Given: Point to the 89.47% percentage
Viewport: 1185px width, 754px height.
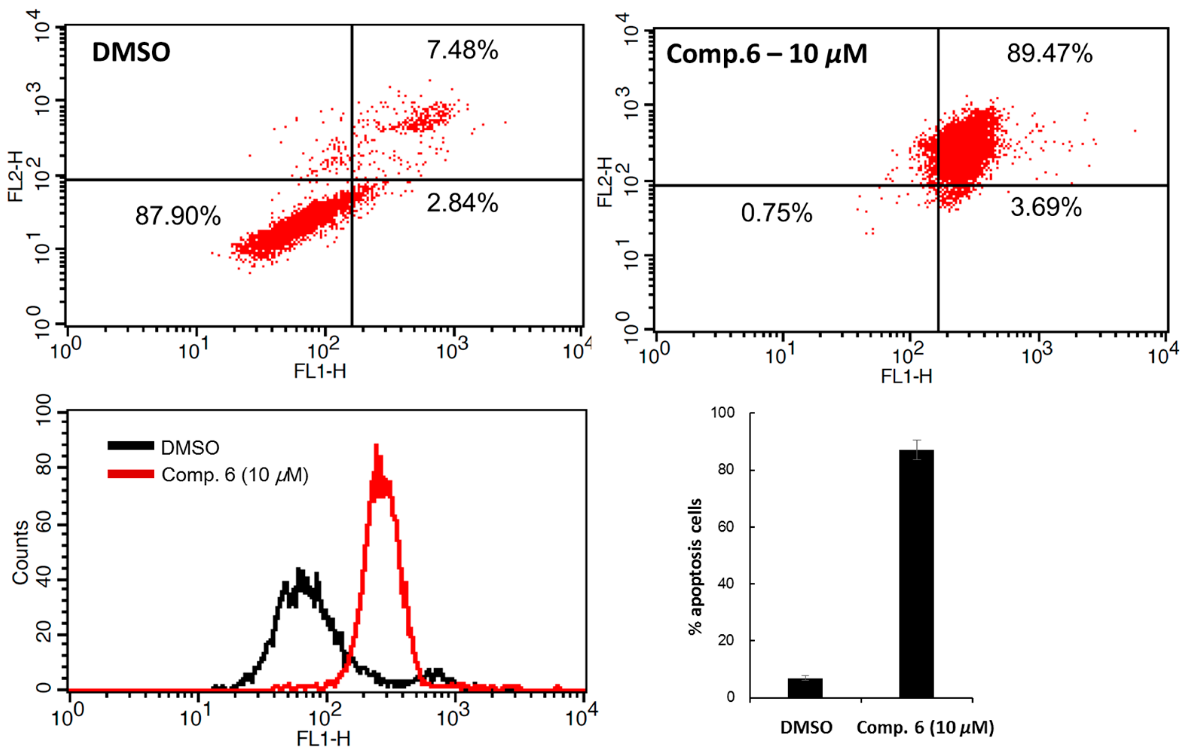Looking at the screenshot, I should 1049,53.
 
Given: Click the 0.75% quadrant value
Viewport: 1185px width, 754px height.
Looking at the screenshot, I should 777,213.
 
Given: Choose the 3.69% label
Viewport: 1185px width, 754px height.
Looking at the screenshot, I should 1046,207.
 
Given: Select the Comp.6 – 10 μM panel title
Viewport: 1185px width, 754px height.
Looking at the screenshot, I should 766,54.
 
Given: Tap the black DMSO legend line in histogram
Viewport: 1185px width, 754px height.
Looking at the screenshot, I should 131,446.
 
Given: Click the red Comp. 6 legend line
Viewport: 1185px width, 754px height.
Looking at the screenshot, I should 131,474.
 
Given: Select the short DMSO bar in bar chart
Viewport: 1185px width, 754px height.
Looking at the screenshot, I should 805,688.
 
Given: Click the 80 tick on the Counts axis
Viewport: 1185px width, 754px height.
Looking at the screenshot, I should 44,466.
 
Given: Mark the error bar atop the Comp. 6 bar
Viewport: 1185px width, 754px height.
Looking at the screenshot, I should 916,450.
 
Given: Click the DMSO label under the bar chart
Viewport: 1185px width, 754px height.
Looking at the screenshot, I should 806,727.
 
